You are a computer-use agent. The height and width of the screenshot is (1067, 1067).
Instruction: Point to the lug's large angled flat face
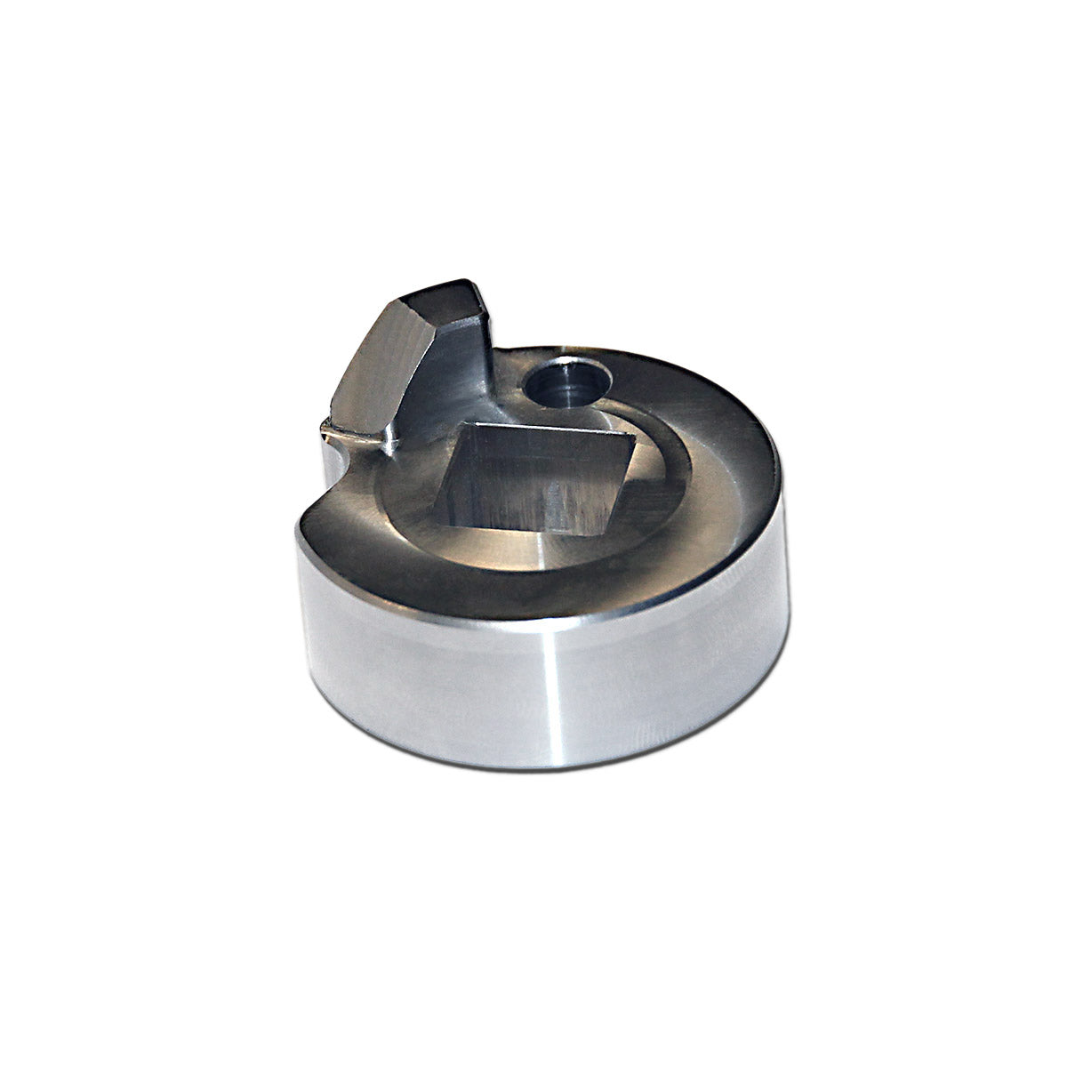(378, 365)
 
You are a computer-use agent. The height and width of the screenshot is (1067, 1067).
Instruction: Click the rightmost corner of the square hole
(637, 436)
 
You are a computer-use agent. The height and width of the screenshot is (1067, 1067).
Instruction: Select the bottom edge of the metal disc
(533, 766)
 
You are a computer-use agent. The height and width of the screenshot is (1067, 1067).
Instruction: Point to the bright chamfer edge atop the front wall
(533, 620)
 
